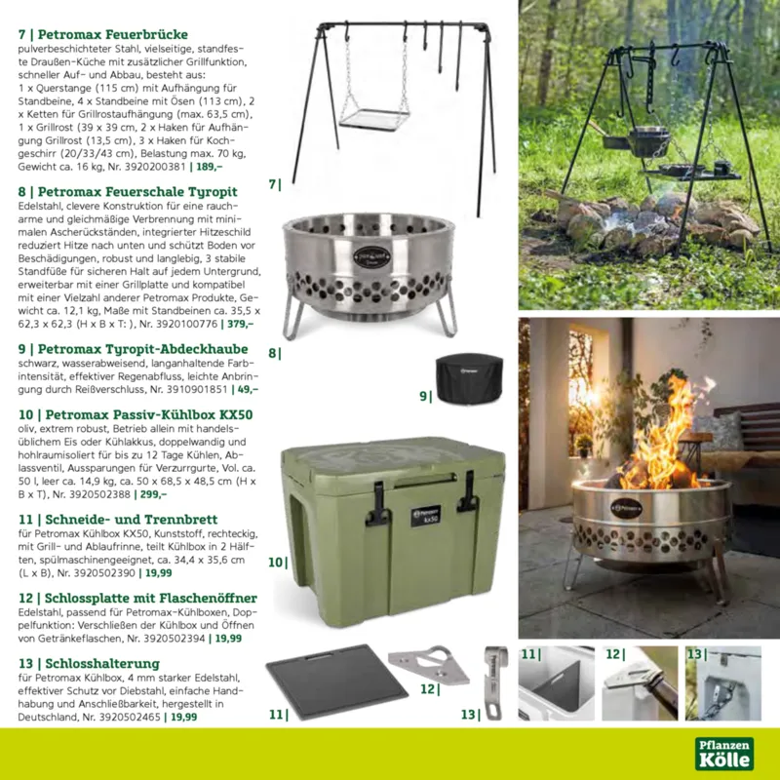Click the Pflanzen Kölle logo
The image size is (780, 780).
[x=724, y=754]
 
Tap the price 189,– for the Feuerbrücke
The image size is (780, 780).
[x=209, y=167]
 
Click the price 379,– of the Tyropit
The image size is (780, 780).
[x=240, y=324]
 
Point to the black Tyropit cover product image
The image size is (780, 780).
[x=469, y=378]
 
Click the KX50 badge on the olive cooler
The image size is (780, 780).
[x=426, y=516]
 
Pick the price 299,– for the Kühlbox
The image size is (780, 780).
[x=153, y=494]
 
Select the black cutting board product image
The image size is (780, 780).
[x=336, y=682]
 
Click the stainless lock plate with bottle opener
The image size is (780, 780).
[x=429, y=665]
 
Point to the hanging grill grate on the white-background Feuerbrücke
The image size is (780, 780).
[x=375, y=118]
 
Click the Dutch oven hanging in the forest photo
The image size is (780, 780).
[x=647, y=140]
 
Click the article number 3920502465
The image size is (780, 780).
[x=130, y=717]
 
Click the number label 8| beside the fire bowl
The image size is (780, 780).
[x=275, y=353]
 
